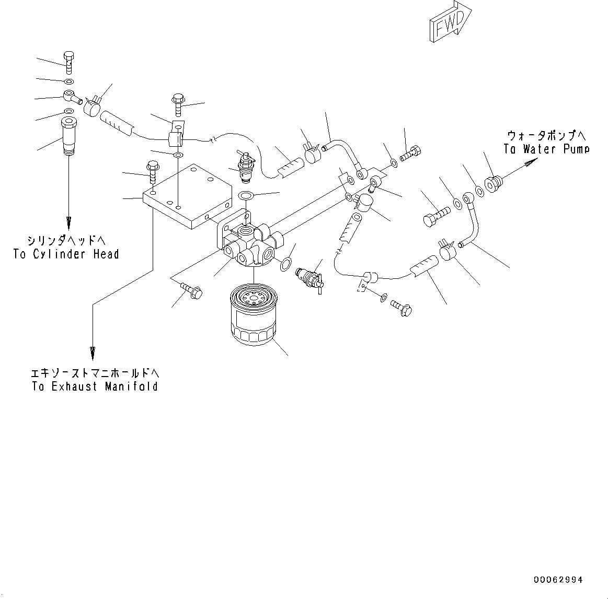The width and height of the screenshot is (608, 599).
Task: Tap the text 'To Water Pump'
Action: (546, 149)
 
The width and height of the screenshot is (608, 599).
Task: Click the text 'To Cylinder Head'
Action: (66, 254)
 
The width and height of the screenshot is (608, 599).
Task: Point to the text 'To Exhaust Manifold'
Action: (95, 387)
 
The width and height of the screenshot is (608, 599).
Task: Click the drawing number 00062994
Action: (558, 580)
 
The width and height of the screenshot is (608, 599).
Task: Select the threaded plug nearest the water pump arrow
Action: (494, 184)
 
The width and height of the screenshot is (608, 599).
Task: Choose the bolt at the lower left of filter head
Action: (191, 291)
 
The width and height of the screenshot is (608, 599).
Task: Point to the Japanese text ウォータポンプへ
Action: (546, 135)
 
